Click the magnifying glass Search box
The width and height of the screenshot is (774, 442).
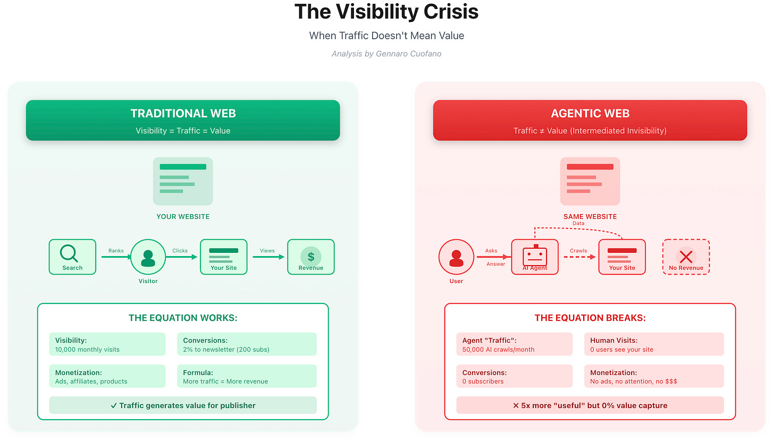[x=72, y=257]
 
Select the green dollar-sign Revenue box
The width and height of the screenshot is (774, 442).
[x=311, y=257]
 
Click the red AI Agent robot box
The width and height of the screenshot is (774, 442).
[x=535, y=257]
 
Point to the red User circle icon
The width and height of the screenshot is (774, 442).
[x=456, y=257]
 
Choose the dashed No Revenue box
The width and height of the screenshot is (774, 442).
[x=686, y=257]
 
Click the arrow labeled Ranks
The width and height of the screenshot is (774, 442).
[x=116, y=257]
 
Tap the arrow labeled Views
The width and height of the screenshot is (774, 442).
[x=269, y=257]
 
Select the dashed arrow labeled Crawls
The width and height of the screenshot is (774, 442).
[x=578, y=257]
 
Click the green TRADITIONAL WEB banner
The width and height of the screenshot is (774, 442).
[x=183, y=120]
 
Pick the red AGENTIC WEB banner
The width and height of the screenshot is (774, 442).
[x=590, y=120]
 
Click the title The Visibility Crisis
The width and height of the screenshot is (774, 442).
[x=386, y=12]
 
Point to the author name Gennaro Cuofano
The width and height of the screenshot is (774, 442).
[x=409, y=54]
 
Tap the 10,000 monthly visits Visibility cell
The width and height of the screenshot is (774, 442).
[x=107, y=344]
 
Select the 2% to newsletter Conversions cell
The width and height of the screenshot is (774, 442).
[x=247, y=344]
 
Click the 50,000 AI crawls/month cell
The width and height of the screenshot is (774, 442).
[x=514, y=344]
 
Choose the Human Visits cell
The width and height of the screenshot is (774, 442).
[x=653, y=344]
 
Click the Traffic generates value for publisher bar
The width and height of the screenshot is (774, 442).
[x=183, y=405]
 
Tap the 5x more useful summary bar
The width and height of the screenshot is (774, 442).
[x=590, y=405]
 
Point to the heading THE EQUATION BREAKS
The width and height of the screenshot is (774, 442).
[x=590, y=318]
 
